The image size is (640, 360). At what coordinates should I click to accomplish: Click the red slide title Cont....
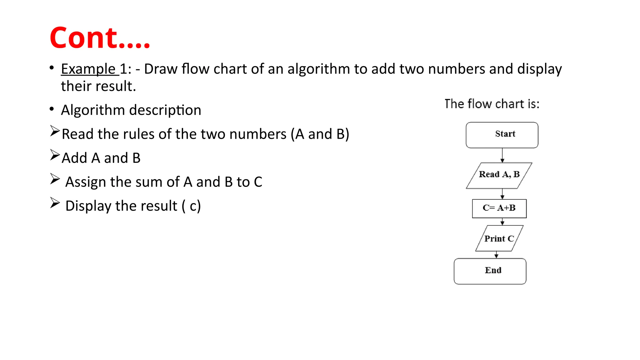click(x=100, y=38)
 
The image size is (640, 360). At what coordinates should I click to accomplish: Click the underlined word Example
click(x=88, y=69)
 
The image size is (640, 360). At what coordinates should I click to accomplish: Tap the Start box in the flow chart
click(x=502, y=135)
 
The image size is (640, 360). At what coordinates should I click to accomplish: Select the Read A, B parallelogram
click(x=499, y=175)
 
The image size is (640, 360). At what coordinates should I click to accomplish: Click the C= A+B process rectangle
click(x=499, y=208)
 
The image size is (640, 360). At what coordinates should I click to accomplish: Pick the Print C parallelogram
click(x=499, y=238)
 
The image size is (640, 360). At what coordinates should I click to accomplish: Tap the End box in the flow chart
click(x=490, y=271)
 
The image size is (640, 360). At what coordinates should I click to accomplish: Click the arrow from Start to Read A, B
click(x=502, y=155)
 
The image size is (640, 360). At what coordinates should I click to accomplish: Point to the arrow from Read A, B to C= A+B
click(x=502, y=194)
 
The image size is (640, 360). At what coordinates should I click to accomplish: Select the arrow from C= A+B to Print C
click(x=502, y=222)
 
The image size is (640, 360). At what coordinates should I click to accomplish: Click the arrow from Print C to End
click(x=496, y=255)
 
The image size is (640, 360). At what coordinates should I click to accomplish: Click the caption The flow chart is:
click(x=492, y=104)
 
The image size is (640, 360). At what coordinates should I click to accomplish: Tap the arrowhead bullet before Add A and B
click(x=55, y=155)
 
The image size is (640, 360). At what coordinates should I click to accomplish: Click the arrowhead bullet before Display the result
click(x=55, y=203)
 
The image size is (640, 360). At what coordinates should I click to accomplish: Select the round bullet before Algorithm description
click(x=52, y=109)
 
